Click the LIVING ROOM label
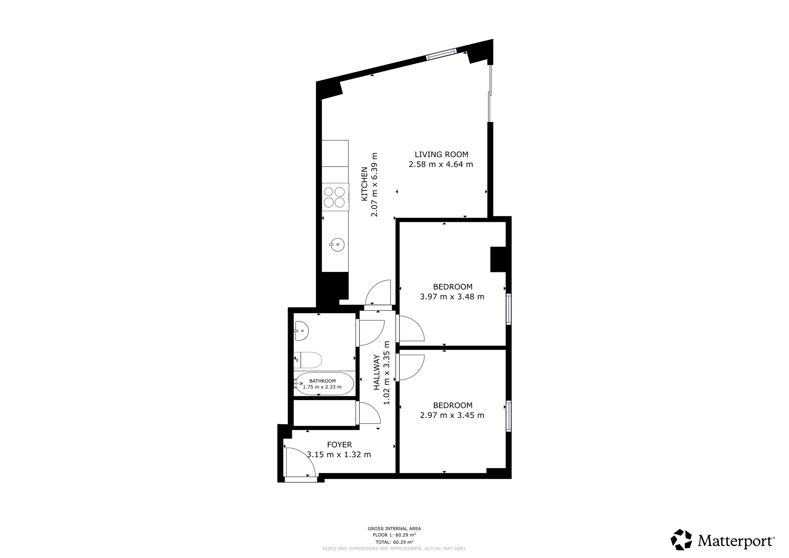pyautogui.click(x=441, y=155)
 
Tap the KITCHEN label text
pyautogui.click(x=365, y=184)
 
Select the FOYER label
pyautogui.click(x=339, y=445)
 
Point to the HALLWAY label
pyautogui.click(x=376, y=373)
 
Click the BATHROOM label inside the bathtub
pyautogui.click(x=322, y=381)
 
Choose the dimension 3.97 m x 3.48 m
pyautogui.click(x=452, y=297)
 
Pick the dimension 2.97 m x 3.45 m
pyautogui.click(x=452, y=415)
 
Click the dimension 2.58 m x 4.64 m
pyautogui.click(x=441, y=165)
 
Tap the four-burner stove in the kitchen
pyautogui.click(x=335, y=197)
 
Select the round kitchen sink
pyautogui.click(x=337, y=245)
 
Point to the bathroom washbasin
pyautogui.click(x=301, y=331)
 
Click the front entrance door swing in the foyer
pyautogui.click(x=300, y=462)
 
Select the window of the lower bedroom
pyautogui.click(x=509, y=416)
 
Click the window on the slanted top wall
pyautogui.click(x=441, y=54)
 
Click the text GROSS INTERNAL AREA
pyautogui.click(x=394, y=528)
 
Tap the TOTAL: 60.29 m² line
pyautogui.click(x=394, y=542)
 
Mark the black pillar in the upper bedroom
pyautogui.click(x=498, y=259)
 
